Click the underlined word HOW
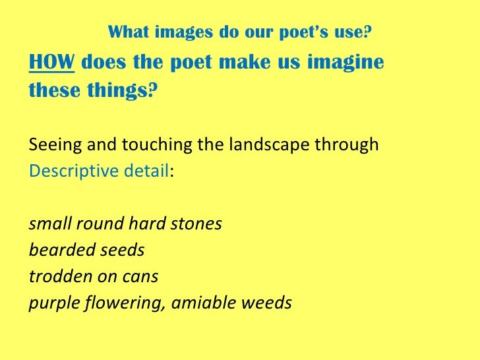tap(51, 64)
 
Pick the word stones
tap(198, 224)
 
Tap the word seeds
tap(122, 251)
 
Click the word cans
tap(142, 277)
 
